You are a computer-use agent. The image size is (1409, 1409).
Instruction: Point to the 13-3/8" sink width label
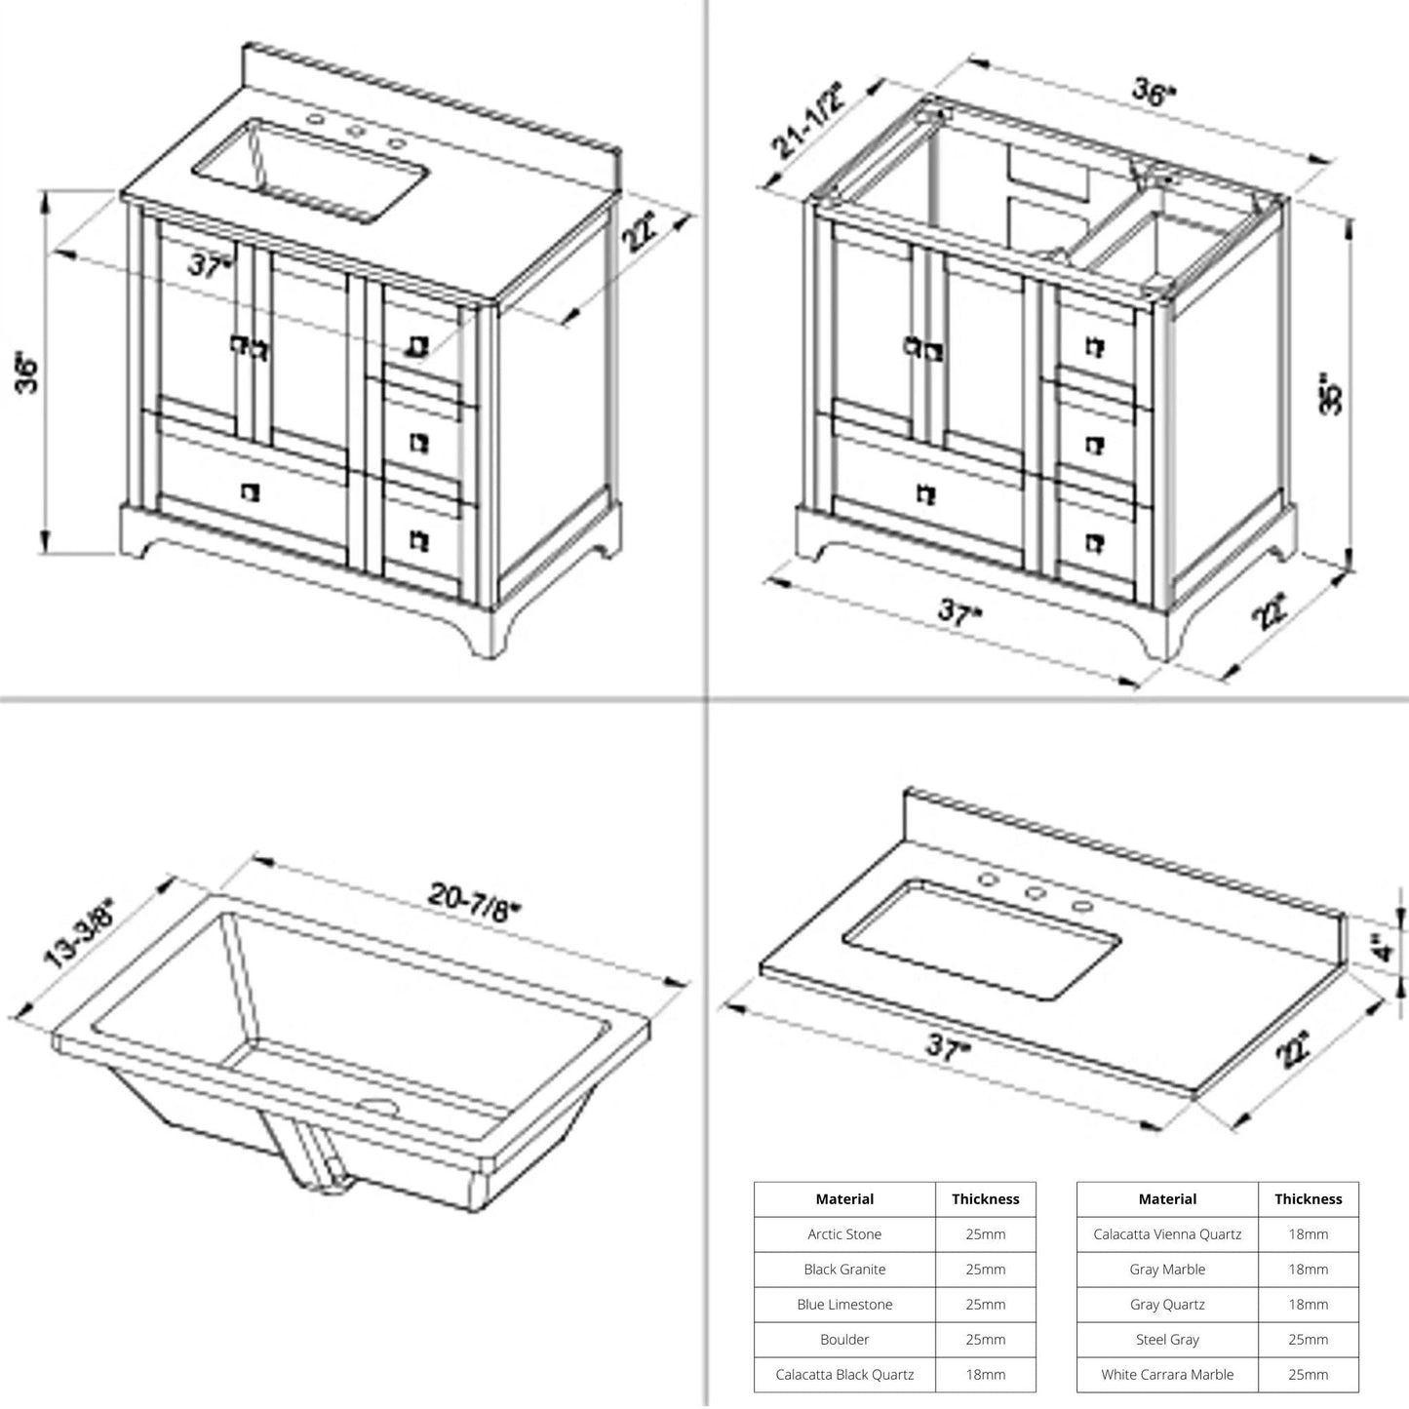(80, 934)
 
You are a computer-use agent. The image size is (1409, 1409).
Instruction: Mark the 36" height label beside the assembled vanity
(29, 372)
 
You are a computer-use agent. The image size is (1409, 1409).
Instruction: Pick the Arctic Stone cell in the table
(844, 1233)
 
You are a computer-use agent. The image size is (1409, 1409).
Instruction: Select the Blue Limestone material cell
(844, 1304)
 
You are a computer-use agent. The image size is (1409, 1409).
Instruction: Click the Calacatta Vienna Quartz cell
(1167, 1233)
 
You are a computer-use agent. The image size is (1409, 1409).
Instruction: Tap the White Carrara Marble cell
(1167, 1374)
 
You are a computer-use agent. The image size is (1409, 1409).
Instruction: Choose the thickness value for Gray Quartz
(1308, 1304)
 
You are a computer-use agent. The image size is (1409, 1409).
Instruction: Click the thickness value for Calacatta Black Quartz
(985, 1374)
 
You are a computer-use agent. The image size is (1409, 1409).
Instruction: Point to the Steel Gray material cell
(1167, 1339)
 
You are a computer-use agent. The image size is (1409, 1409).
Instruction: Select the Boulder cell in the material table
(844, 1339)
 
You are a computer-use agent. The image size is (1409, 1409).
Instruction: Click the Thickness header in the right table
(1308, 1198)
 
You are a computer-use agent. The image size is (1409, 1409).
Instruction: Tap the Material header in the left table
(844, 1198)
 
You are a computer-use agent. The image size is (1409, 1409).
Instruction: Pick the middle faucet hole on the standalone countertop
(1035, 892)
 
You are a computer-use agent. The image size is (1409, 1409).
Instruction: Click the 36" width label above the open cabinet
(1155, 93)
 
